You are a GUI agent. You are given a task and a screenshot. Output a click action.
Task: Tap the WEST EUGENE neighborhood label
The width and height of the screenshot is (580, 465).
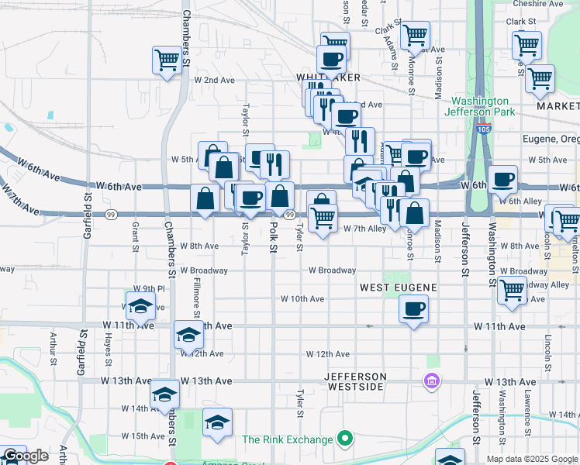point(398,288)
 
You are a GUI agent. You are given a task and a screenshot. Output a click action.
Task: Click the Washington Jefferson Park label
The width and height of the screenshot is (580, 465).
point(481,106)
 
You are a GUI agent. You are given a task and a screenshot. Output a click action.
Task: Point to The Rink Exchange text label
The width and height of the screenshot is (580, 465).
point(287,439)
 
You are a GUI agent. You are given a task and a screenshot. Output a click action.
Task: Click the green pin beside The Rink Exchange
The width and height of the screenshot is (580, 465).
point(344,439)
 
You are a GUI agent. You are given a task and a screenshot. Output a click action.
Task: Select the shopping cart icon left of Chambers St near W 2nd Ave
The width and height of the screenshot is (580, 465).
point(167,59)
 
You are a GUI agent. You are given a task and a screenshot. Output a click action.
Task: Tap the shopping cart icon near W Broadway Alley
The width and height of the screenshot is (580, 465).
point(512,290)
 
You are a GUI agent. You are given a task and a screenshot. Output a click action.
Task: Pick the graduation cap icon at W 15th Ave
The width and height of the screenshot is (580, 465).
point(217,422)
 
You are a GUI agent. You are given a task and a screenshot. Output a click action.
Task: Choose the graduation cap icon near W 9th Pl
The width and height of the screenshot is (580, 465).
point(140,306)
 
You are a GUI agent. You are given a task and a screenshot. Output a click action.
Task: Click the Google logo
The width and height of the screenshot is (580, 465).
point(26,456)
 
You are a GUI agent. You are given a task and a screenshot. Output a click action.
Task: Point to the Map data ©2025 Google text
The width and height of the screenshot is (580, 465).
point(533,459)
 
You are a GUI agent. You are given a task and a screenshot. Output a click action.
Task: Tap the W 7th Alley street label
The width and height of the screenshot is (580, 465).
point(366,229)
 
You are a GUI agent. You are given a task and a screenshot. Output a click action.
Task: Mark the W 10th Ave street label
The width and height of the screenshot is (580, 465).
point(302,298)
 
